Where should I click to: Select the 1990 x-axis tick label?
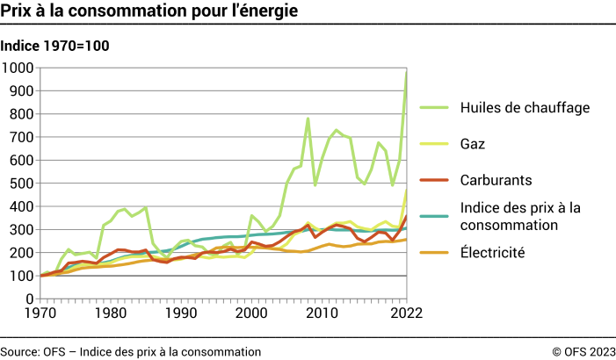pos(182,313)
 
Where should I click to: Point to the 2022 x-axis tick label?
pos(405,313)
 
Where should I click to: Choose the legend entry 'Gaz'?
pos(473,143)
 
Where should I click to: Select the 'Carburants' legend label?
pos(496,179)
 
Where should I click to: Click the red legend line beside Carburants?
pos(432,179)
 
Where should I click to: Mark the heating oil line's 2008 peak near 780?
pos(308,119)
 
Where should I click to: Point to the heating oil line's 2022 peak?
pos(406,72)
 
